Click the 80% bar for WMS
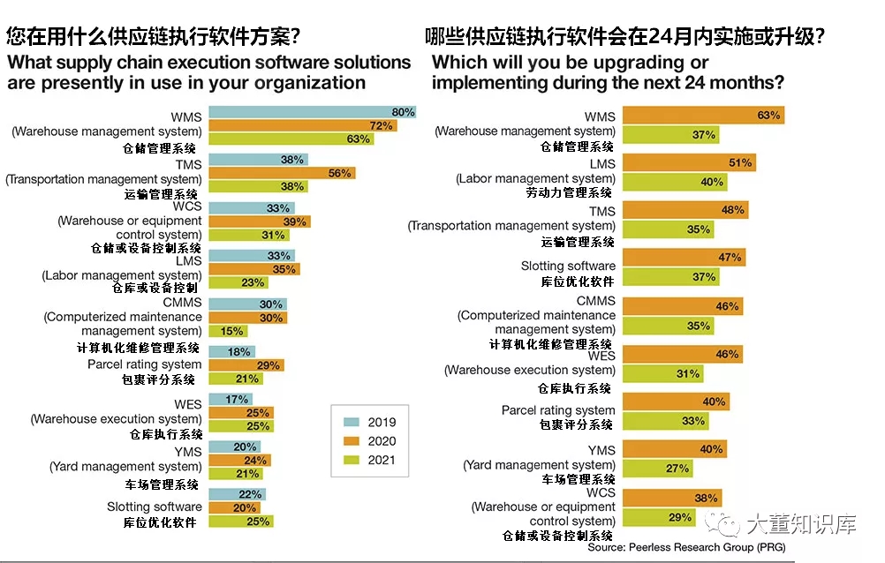coord(309,112)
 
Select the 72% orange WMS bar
coord(299,126)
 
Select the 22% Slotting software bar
coord(234,494)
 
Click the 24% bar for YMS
coord(237,460)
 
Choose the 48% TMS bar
coord(685,210)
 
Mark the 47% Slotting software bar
coord(684,258)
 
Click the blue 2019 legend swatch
coord(346,422)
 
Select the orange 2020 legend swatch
coord(346,440)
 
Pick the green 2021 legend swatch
coord(346,459)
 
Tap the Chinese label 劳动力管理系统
coord(576,193)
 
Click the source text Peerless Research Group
coord(703,547)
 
